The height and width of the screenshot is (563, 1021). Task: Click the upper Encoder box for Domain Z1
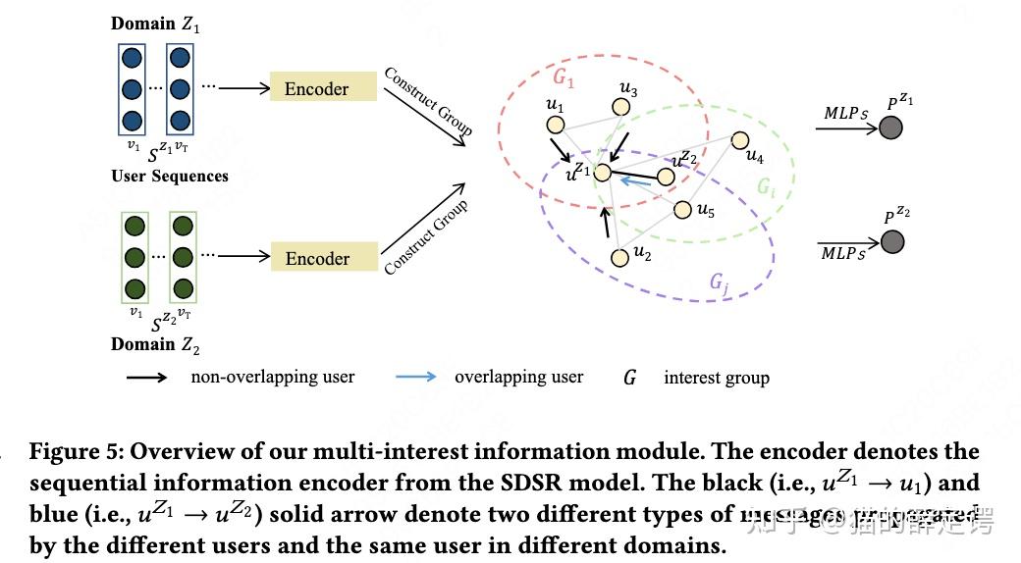323,88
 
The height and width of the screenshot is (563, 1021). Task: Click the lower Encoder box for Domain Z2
323,258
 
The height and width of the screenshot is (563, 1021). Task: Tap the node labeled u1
555,125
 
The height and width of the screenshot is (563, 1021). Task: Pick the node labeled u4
740,141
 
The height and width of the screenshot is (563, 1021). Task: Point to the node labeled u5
682,209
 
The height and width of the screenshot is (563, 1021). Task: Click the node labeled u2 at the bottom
618,257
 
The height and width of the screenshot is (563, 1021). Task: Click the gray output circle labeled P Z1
890,127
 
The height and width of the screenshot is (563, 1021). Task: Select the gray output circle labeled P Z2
891,241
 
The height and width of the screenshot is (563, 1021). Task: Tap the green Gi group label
766,186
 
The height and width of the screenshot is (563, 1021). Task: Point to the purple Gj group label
719,283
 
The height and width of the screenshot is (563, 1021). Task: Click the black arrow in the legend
147,377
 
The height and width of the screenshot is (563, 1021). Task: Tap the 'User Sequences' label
170,177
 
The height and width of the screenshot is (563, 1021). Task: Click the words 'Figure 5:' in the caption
77,451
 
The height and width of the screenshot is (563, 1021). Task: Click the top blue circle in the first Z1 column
132,57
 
